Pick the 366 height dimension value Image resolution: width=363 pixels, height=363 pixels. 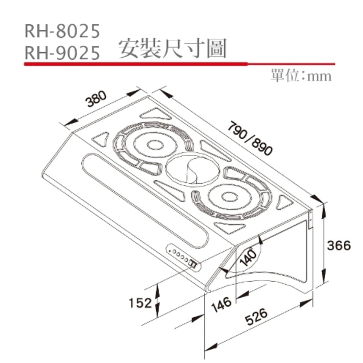[x=338, y=245]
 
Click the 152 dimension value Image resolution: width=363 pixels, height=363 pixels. [x=139, y=302]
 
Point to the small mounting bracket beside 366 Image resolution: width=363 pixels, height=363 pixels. [x=311, y=219]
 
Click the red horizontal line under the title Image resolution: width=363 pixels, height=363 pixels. [x=178, y=64]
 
